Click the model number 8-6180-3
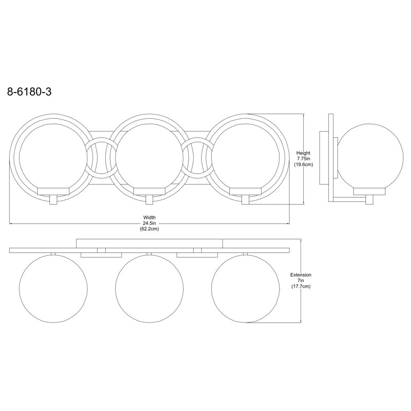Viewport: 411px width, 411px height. (x=29, y=92)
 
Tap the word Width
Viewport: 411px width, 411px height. (x=150, y=217)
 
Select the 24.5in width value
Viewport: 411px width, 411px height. (x=150, y=223)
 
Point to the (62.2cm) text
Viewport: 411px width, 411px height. (x=150, y=229)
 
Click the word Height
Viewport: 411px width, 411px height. (x=303, y=153)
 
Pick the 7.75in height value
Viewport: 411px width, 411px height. (x=303, y=159)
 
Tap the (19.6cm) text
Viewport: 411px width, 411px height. (x=303, y=164)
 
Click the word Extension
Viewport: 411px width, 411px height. (x=301, y=275)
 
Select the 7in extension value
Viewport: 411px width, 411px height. (x=301, y=281)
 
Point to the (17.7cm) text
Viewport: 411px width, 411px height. (x=301, y=287)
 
